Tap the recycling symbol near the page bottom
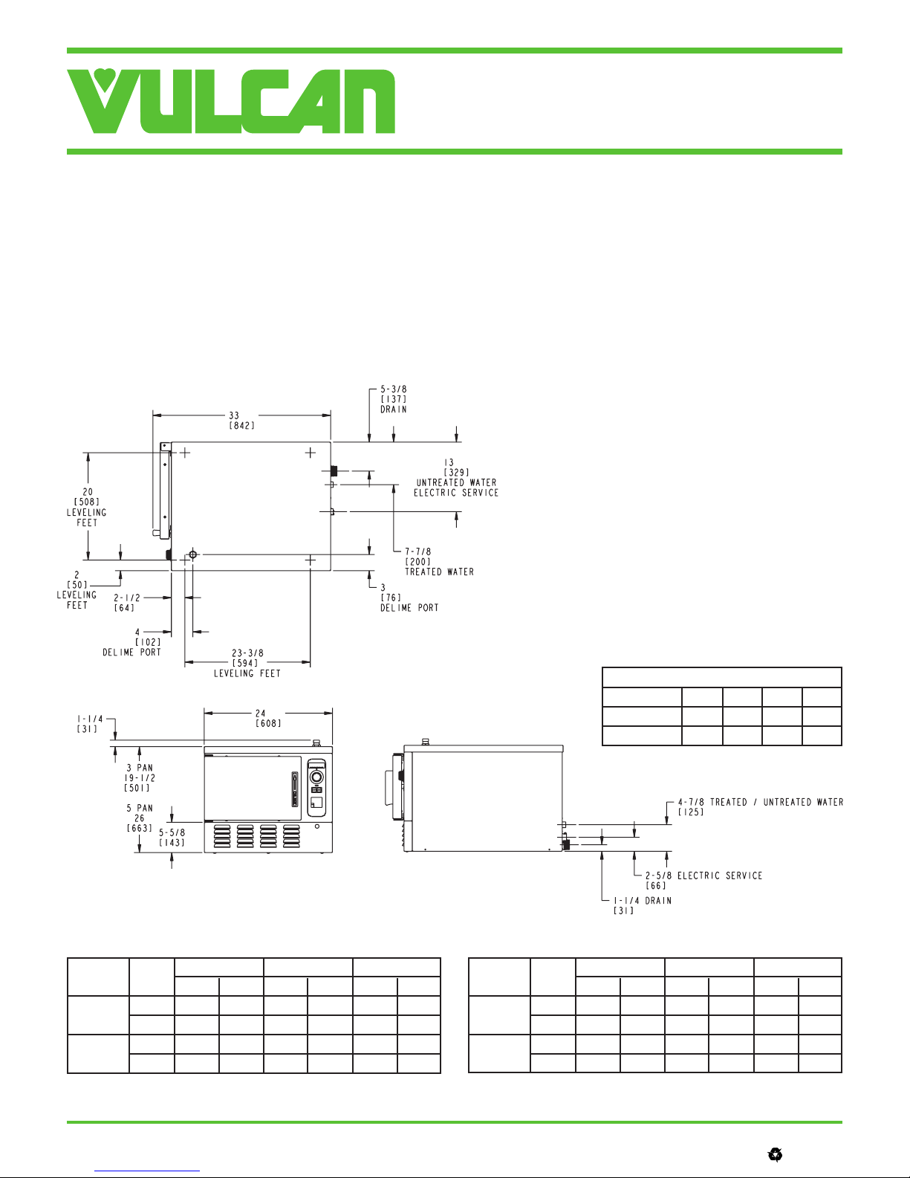775,1155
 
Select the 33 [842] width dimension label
241,420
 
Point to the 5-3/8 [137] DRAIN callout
393,399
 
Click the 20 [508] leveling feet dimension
87,507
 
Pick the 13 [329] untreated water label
455,478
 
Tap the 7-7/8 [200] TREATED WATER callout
439,562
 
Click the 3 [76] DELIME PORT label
409,598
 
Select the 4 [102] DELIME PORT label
131,642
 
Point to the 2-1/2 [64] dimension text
127,603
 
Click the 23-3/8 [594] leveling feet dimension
247,663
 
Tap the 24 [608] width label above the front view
268,718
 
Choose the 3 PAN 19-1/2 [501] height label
139,778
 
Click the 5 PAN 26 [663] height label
139,818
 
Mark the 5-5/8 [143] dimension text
172,838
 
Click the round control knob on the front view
317,777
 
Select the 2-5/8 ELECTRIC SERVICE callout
703,881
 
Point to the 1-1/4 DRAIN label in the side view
643,905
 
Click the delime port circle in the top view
192,554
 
